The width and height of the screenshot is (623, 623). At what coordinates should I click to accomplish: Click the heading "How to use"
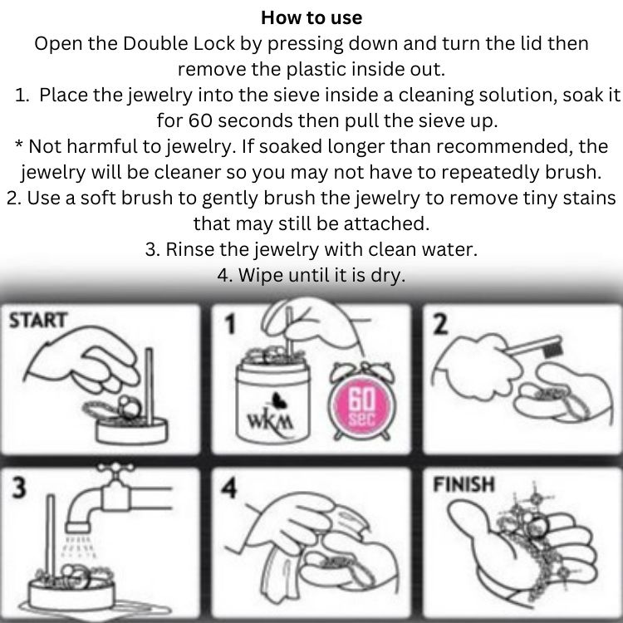311,18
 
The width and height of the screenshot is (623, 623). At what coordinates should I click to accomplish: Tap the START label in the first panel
38,321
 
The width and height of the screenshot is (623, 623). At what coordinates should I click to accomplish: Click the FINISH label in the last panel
464,484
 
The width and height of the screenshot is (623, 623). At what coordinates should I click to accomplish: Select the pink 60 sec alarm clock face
361,406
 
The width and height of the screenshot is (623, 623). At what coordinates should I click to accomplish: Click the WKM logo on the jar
271,422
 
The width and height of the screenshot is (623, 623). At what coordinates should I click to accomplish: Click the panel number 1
230,324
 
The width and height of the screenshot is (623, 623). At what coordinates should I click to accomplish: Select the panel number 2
439,324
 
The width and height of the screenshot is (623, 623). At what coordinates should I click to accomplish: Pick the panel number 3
18,487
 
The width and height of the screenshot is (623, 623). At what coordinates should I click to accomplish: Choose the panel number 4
229,488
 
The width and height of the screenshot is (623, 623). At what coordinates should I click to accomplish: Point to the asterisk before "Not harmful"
19,144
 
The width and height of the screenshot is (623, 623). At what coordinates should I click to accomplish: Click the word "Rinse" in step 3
189,249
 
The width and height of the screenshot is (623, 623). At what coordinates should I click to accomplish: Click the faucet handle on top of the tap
116,467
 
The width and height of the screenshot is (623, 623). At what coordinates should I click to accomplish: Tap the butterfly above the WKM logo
278,400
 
